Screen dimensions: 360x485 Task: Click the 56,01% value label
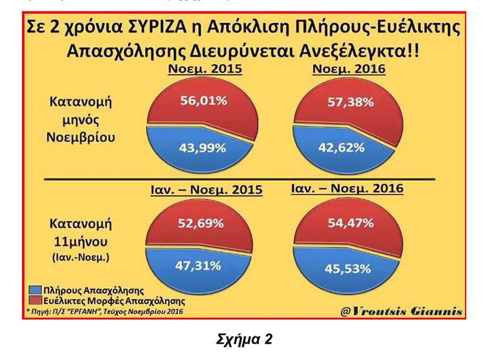(203, 101)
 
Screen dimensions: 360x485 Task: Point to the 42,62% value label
(340, 147)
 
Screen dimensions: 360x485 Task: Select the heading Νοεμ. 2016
(349, 69)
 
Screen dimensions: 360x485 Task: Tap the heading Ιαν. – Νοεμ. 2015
(206, 190)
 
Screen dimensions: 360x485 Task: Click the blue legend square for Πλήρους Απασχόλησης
(31, 291)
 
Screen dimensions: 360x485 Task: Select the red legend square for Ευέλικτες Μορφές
(31, 301)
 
